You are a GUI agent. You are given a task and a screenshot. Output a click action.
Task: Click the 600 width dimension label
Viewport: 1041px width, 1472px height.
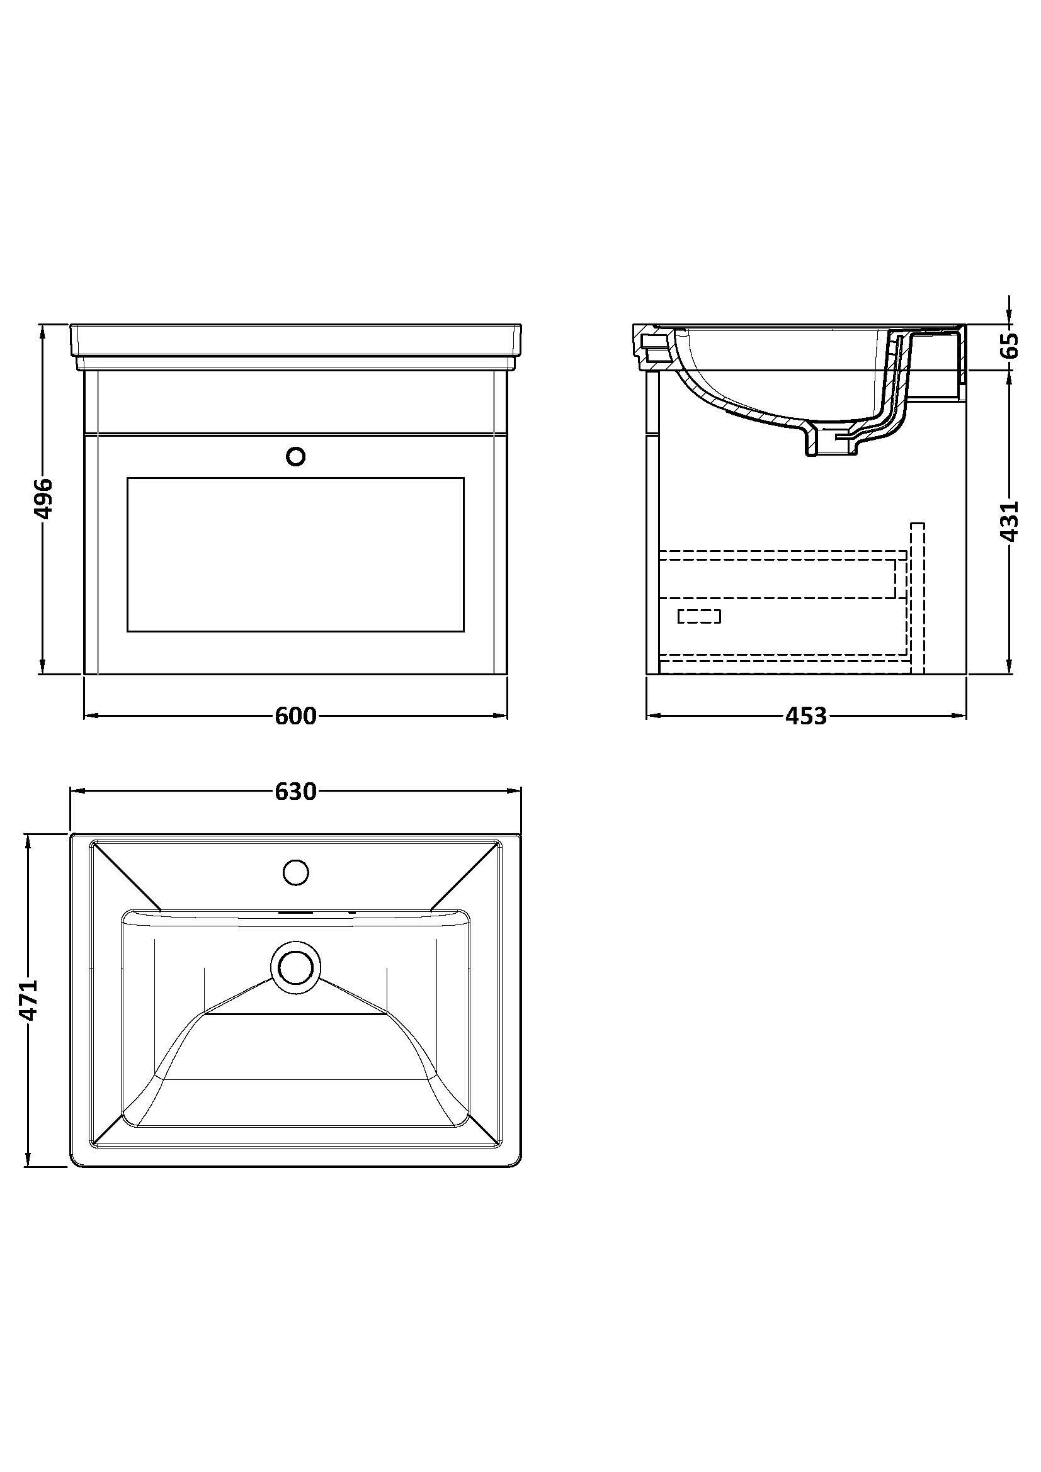click(x=296, y=716)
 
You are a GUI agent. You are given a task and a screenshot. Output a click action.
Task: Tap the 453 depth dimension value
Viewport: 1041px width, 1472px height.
click(x=806, y=716)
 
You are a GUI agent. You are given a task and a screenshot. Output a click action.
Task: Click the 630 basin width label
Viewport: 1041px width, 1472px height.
click(x=296, y=792)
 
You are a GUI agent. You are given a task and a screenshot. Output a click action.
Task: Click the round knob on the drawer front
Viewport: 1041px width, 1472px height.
click(x=296, y=456)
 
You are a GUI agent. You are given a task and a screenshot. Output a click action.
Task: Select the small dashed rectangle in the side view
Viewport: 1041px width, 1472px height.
click(x=699, y=616)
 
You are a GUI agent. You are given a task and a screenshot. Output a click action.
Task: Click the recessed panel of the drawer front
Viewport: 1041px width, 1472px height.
click(x=296, y=554)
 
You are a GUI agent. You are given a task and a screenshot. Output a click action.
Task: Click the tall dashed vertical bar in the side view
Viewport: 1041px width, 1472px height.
click(x=918, y=598)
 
